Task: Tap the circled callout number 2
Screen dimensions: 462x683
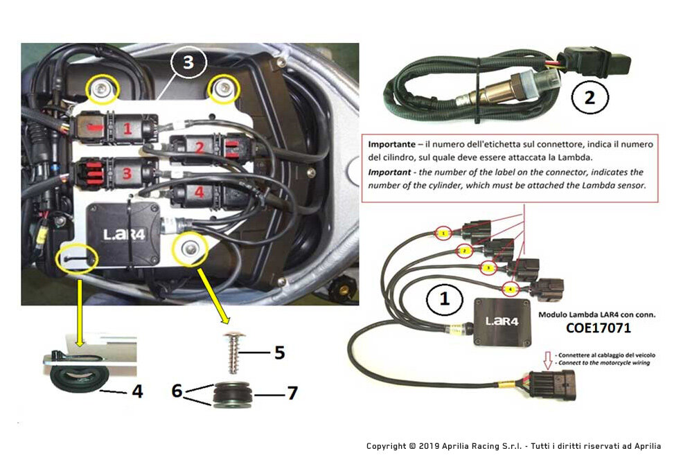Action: coord(589,97)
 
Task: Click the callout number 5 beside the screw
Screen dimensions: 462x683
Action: coord(279,353)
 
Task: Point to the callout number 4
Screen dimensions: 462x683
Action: coord(137,391)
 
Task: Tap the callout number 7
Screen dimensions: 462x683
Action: coord(292,393)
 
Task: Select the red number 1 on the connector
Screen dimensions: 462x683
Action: coord(127,128)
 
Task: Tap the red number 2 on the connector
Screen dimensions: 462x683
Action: coord(199,147)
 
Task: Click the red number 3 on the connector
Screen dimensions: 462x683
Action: coord(127,173)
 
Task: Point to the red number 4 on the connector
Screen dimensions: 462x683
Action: coord(199,193)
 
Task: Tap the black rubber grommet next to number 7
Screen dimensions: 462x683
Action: coord(228,393)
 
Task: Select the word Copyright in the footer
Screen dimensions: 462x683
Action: coord(387,446)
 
